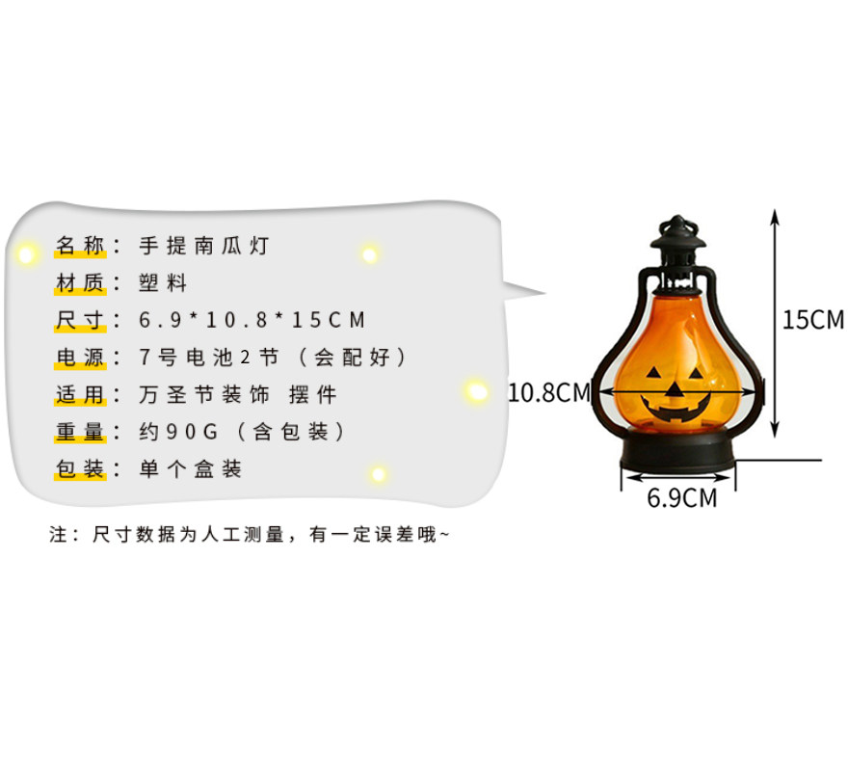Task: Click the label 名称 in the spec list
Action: tap(79, 245)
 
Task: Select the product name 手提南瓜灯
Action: tap(203, 245)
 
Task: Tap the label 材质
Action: tap(79, 282)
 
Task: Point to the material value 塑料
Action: tap(163, 282)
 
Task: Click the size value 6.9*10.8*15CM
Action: tap(252, 320)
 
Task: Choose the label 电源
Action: tap(79, 358)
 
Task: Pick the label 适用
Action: tap(79, 395)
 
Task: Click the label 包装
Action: tap(79, 469)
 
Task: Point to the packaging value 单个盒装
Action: tap(191, 469)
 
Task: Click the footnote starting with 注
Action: tap(249, 534)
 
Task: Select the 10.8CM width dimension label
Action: tap(548, 392)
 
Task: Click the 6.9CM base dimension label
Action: tap(682, 498)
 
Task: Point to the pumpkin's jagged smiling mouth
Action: tap(678, 410)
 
